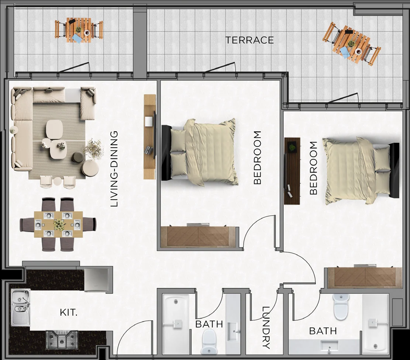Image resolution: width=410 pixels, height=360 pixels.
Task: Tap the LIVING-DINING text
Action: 114,169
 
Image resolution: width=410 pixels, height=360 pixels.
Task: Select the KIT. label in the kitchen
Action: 69,312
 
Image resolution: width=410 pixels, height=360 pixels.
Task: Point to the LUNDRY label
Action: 266,328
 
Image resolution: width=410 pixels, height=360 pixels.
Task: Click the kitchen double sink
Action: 21,308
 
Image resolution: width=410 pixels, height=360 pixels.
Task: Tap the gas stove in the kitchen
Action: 62,340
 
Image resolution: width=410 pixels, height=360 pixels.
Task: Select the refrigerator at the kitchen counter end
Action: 96,280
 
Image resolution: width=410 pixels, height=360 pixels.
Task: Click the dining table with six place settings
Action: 58,224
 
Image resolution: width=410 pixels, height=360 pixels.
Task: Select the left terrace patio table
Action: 79,30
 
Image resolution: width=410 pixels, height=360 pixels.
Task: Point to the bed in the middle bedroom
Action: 200,152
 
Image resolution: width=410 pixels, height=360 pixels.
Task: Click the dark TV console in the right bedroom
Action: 292,171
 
